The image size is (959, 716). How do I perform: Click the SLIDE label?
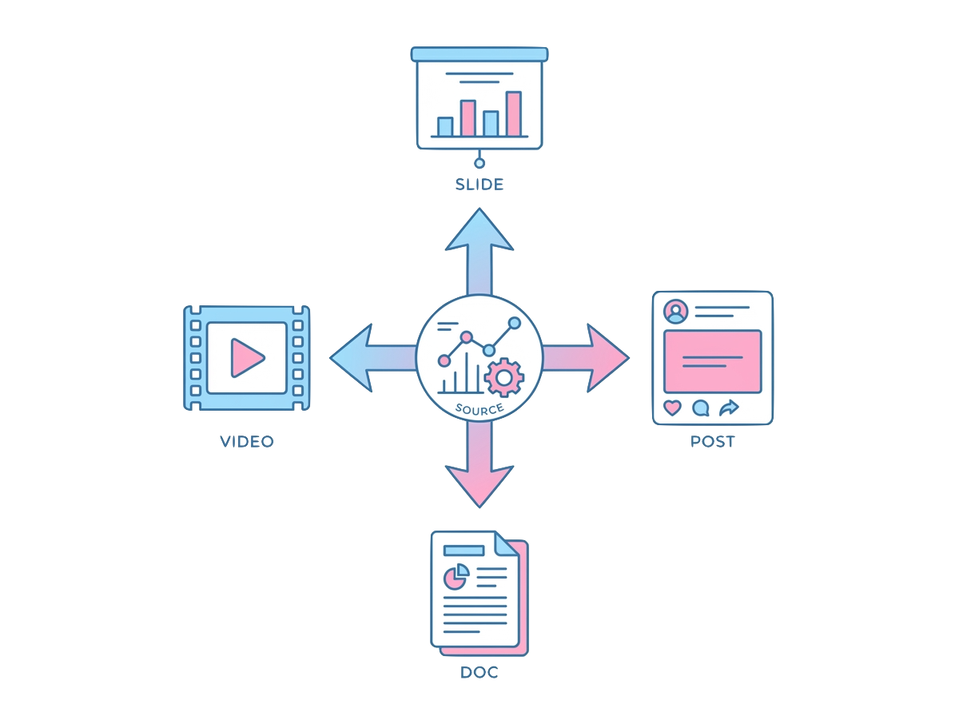point(479,185)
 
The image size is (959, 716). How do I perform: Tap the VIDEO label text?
point(247,441)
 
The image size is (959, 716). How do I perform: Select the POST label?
point(712,441)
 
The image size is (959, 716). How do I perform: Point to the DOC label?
point(479,672)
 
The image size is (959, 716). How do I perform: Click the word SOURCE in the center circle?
point(479,409)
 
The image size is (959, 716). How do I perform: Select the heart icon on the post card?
point(673,408)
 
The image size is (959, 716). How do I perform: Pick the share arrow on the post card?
point(728,408)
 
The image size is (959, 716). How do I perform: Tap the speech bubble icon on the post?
point(700,408)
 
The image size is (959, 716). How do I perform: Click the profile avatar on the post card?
point(676,311)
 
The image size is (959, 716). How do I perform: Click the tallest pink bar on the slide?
point(513,113)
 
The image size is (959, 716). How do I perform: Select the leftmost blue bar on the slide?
point(445,126)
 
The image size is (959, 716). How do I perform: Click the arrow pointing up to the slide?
point(479,240)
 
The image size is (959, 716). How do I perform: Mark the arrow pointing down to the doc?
point(479,475)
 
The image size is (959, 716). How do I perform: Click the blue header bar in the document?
point(464,551)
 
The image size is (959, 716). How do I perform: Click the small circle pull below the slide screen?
point(479,164)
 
